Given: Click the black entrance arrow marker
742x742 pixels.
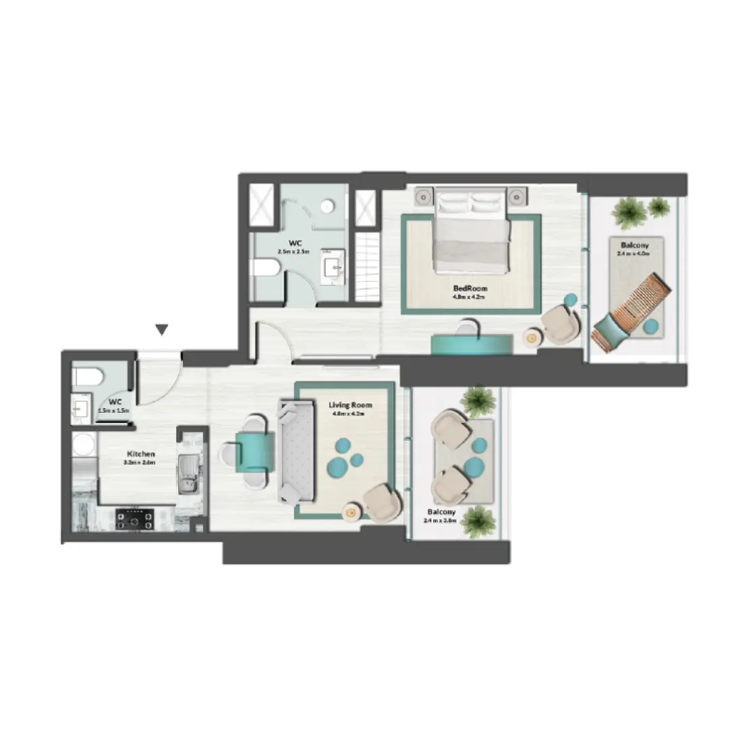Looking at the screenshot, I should point(161,330).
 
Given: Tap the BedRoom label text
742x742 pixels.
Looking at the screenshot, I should point(470,288).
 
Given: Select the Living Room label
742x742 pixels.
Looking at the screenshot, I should point(350,405).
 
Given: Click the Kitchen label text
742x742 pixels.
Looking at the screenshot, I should point(140,454).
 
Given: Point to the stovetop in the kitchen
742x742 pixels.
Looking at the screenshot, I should point(134,519).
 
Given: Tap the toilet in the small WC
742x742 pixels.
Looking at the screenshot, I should point(86,376).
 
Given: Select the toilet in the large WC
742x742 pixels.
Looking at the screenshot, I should point(265,268).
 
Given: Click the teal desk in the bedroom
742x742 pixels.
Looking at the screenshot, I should point(472,344).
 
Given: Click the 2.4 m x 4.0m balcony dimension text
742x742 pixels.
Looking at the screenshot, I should point(633,254).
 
